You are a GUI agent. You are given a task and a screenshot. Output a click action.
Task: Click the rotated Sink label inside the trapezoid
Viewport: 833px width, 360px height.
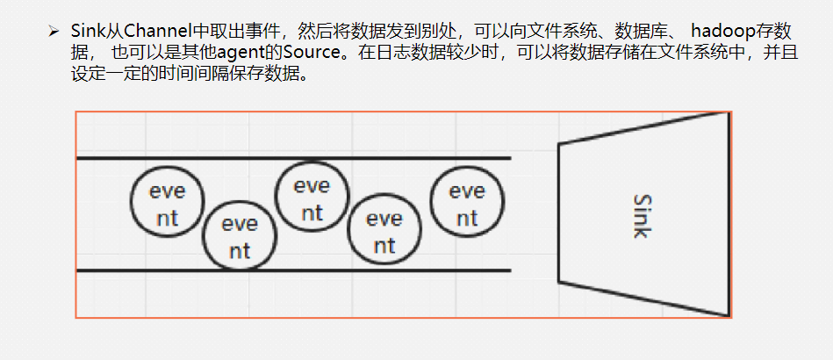(x=641, y=215)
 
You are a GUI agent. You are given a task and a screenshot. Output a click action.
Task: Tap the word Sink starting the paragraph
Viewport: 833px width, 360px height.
(x=88, y=32)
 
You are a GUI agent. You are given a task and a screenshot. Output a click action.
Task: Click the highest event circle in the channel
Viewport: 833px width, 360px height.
(x=312, y=199)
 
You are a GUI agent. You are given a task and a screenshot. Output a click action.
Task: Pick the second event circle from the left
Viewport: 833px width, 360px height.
(x=240, y=237)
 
